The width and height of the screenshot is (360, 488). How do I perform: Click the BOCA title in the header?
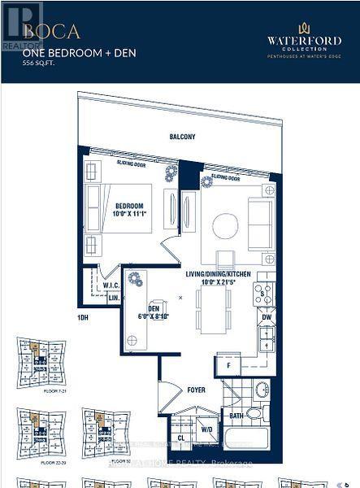coord(52,32)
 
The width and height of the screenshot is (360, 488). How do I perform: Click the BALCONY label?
coord(182,137)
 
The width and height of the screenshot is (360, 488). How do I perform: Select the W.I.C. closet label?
coord(111,285)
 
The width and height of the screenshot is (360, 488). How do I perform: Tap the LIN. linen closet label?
coord(114,298)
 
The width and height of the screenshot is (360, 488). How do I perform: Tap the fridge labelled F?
coord(228,366)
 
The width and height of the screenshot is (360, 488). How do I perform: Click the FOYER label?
coord(195,390)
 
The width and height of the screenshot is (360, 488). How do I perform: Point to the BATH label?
coord(236,416)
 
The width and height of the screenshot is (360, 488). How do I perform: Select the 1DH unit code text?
coord(82,317)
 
